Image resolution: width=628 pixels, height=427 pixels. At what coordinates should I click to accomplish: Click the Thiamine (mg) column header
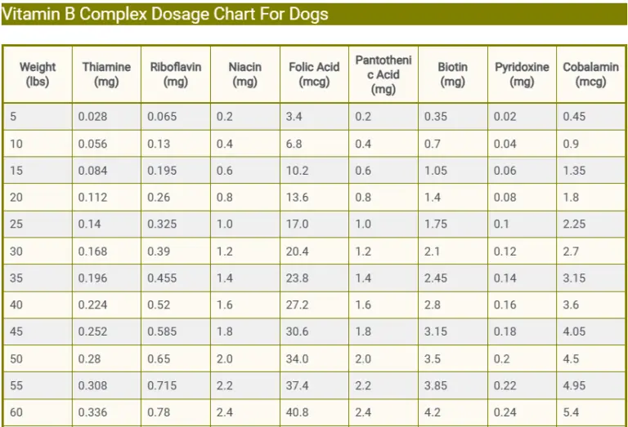106,74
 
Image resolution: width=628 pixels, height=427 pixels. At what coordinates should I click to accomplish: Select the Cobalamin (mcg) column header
590,74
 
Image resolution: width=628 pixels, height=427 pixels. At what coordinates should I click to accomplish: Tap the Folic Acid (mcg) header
314,74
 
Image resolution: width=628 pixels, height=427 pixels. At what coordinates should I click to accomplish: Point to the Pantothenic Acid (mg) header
383,74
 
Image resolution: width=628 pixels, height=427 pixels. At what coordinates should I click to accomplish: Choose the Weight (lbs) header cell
38,74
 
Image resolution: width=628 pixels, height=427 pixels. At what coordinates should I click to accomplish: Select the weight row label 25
16,225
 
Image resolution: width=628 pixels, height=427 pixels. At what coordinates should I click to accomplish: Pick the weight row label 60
16,413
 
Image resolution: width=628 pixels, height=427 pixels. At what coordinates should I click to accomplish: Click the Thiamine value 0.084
92,171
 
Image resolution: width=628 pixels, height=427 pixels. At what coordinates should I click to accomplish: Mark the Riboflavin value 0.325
162,225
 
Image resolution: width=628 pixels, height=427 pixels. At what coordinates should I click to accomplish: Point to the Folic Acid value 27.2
298,305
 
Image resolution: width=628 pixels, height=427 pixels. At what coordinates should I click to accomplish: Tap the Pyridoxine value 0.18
505,332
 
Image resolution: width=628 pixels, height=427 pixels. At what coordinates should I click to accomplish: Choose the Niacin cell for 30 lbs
225,251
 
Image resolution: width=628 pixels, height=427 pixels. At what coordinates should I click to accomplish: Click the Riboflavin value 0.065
162,117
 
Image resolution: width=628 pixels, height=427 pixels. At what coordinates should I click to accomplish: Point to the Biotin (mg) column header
452,74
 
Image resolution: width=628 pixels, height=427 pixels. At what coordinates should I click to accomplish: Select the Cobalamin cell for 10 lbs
571,144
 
